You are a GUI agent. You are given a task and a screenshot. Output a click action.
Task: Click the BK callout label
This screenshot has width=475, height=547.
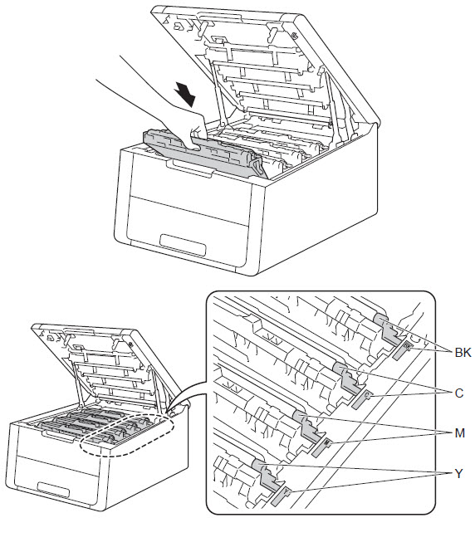pos(463,353)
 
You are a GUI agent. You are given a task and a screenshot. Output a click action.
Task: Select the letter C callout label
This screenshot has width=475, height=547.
pos(459,393)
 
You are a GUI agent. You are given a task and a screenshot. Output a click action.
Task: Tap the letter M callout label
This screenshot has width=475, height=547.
pos(460,433)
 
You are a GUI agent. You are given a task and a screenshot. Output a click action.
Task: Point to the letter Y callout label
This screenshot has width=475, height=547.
pos(458,473)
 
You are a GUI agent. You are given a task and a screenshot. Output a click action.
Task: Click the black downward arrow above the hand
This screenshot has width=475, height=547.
pos(185,94)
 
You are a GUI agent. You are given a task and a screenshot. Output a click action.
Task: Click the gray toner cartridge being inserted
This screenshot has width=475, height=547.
pos(206,154)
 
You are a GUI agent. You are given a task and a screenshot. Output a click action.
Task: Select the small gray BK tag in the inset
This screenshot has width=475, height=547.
pos(401,350)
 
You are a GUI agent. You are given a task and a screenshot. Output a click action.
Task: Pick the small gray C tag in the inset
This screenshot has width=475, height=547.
pos(361,399)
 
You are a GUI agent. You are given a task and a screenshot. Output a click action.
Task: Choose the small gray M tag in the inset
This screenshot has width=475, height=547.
pos(321,447)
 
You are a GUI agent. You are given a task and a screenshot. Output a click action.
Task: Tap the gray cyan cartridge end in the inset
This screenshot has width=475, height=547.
pos(345,379)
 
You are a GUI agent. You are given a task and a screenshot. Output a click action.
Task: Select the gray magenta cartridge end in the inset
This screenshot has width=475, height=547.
pos(306,427)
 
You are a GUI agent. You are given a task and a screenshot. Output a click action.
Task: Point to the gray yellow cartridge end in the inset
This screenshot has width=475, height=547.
pos(265,475)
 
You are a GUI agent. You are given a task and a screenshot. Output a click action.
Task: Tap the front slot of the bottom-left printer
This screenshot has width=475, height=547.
pos(53,490)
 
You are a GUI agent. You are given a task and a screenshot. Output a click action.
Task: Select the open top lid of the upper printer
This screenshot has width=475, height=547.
pos(265,70)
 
